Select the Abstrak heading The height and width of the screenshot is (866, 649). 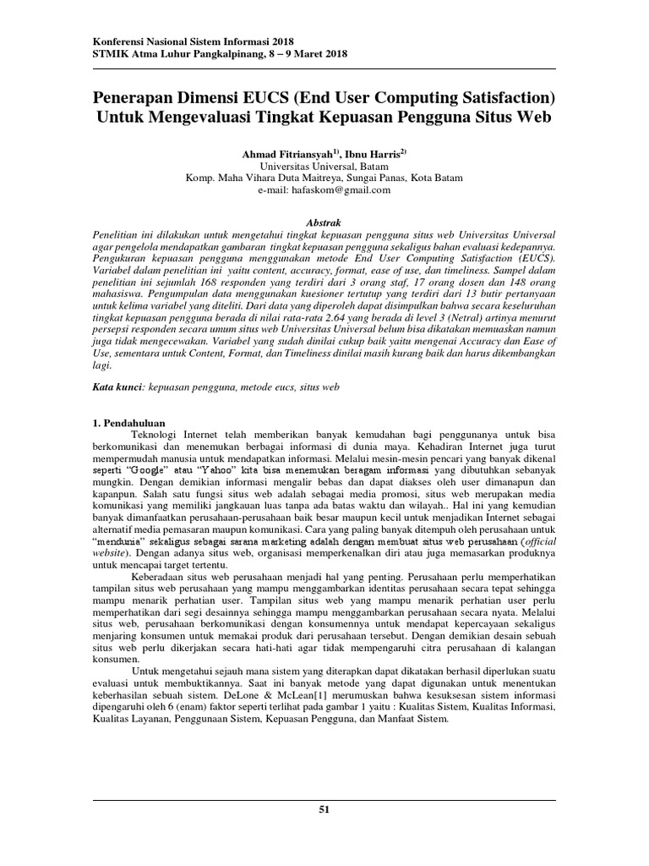tap(324, 216)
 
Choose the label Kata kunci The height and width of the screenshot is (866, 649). tap(117, 386)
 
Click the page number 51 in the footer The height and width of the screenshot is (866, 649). tap(324, 809)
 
